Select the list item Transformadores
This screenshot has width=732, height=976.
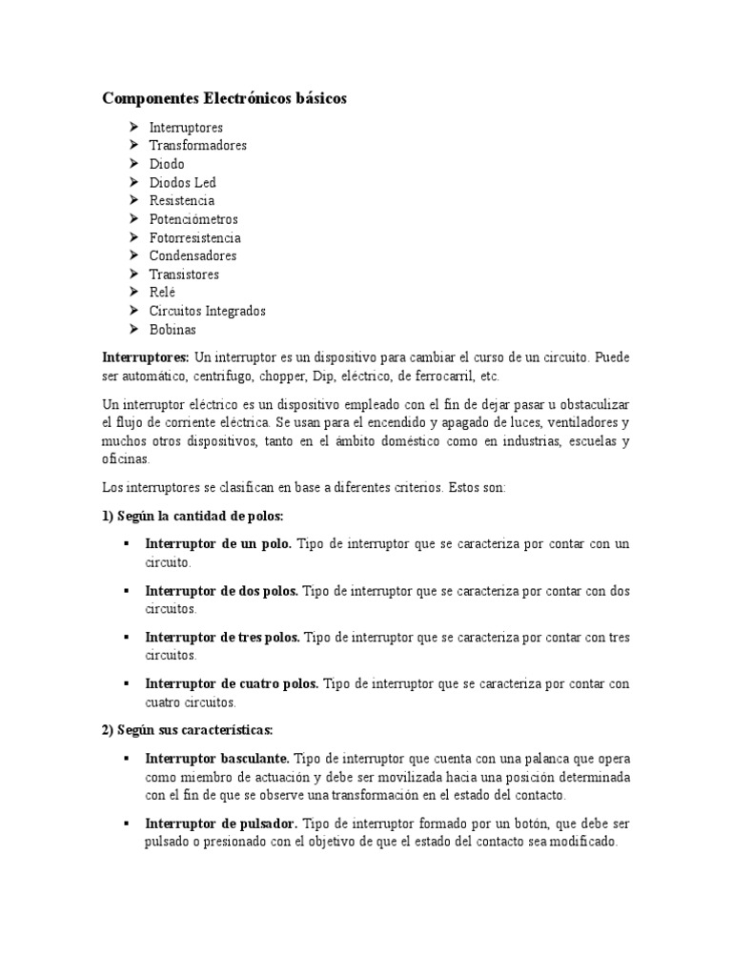[x=197, y=146]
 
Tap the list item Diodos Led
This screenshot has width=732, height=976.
[x=182, y=182]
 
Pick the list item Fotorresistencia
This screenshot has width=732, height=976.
[x=194, y=237]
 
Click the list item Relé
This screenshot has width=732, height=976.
[x=162, y=293]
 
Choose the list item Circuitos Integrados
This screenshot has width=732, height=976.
[x=207, y=311]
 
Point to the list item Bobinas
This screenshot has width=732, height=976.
[x=172, y=330]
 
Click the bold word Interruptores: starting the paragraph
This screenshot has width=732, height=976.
[x=146, y=357]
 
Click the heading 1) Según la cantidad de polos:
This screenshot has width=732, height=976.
[x=193, y=516]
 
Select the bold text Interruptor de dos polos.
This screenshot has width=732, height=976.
[x=221, y=591]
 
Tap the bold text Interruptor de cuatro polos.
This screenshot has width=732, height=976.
[x=233, y=684]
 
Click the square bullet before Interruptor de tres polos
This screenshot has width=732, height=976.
[x=126, y=638]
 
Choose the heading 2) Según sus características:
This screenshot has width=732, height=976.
[x=187, y=730]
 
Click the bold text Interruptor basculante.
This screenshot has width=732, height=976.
[x=218, y=759]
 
